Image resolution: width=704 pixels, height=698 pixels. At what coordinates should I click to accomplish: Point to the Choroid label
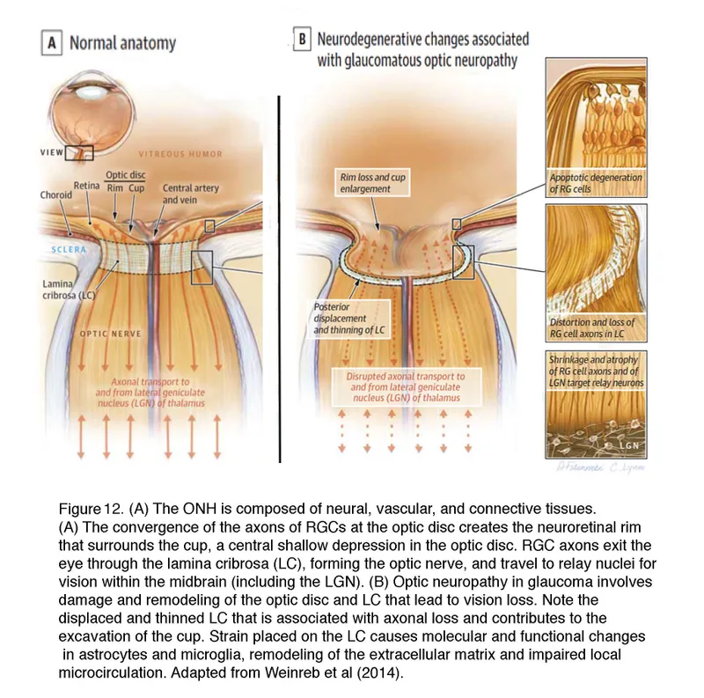(55, 195)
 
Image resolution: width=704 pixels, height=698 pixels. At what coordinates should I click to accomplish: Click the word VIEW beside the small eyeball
(53, 152)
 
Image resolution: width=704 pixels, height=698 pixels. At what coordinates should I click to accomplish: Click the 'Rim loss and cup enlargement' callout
(373, 183)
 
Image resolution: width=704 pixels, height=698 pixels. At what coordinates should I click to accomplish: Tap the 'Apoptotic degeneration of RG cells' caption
(596, 183)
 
